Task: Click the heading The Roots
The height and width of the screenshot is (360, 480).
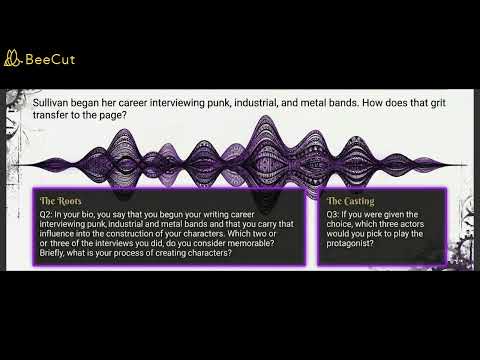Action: [x=62, y=201]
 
